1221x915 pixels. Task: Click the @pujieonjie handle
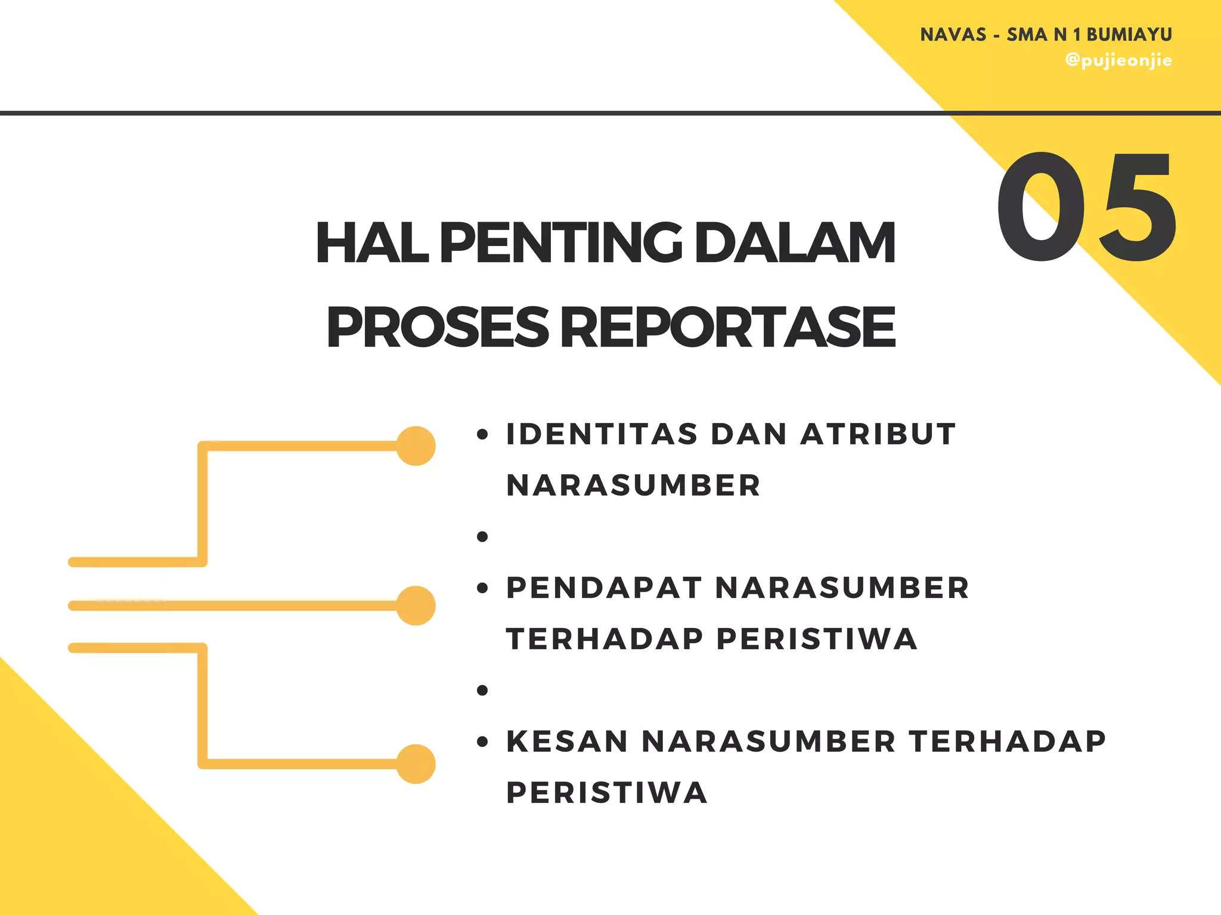click(x=1118, y=61)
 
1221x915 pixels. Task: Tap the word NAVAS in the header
click(x=953, y=35)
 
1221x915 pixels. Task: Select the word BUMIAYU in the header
click(x=1129, y=35)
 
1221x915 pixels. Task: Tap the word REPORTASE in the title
click(x=728, y=327)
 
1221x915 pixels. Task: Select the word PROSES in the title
click(x=437, y=327)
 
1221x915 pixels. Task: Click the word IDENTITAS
click(x=602, y=434)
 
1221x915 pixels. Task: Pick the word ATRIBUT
click(x=878, y=434)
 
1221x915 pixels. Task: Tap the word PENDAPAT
click(x=604, y=588)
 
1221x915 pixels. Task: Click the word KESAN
click(x=567, y=742)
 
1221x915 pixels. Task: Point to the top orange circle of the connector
click(x=416, y=446)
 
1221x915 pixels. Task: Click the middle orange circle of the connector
click(x=416, y=605)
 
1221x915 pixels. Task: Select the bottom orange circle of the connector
click(x=416, y=764)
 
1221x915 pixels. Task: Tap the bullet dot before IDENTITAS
click(x=482, y=434)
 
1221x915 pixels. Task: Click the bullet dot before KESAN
click(x=482, y=742)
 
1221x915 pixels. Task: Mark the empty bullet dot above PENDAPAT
click(x=482, y=537)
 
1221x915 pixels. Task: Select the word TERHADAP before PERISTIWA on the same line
click(x=605, y=639)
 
